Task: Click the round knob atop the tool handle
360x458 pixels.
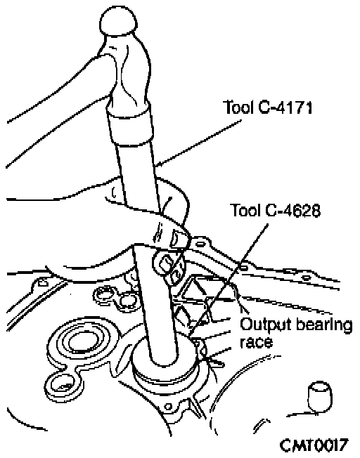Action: (118, 21)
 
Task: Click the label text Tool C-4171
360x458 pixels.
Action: (268, 107)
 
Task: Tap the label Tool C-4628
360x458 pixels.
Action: (276, 210)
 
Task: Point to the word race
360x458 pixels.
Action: (256, 342)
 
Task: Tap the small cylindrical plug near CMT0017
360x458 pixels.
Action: (320, 397)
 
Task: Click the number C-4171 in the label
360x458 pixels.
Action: (285, 107)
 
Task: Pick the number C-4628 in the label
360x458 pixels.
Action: (293, 210)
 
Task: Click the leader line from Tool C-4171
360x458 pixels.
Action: (198, 143)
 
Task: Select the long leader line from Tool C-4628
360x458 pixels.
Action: (228, 280)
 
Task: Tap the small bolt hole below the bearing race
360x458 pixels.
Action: (168, 406)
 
